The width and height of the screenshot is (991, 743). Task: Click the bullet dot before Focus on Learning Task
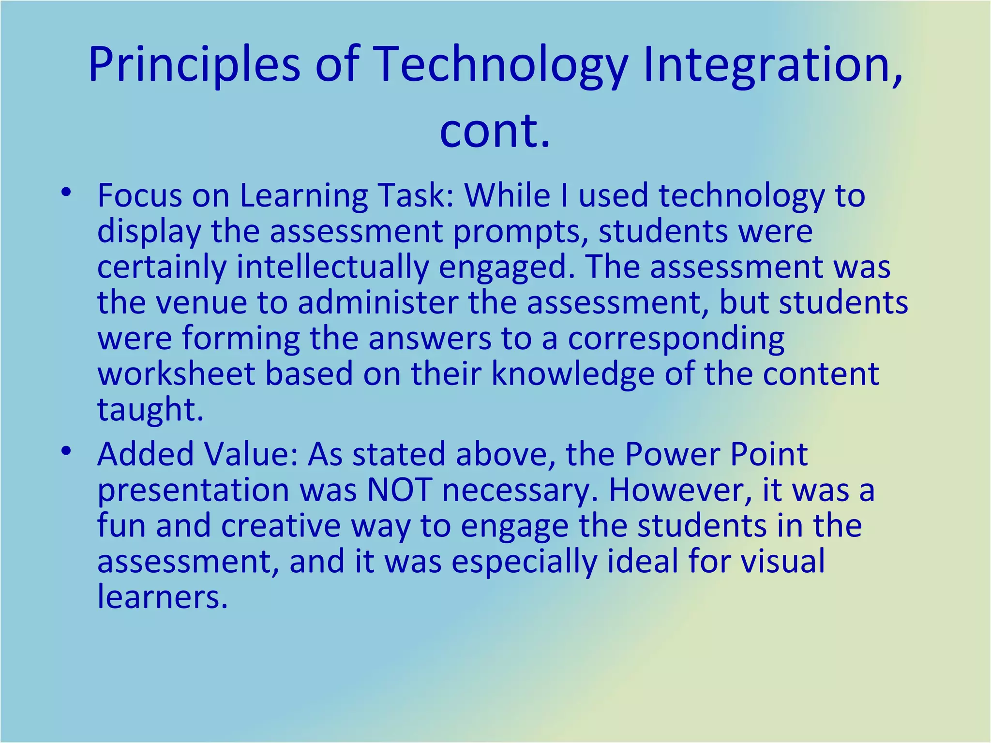pyautogui.click(x=66, y=193)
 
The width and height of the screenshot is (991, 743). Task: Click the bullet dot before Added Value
pyautogui.click(x=66, y=451)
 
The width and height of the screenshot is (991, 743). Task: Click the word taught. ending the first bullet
pyautogui.click(x=150, y=410)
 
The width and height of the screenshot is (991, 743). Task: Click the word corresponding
pyautogui.click(x=676, y=338)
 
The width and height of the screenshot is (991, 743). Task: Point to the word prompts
pyautogui.click(x=520, y=232)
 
